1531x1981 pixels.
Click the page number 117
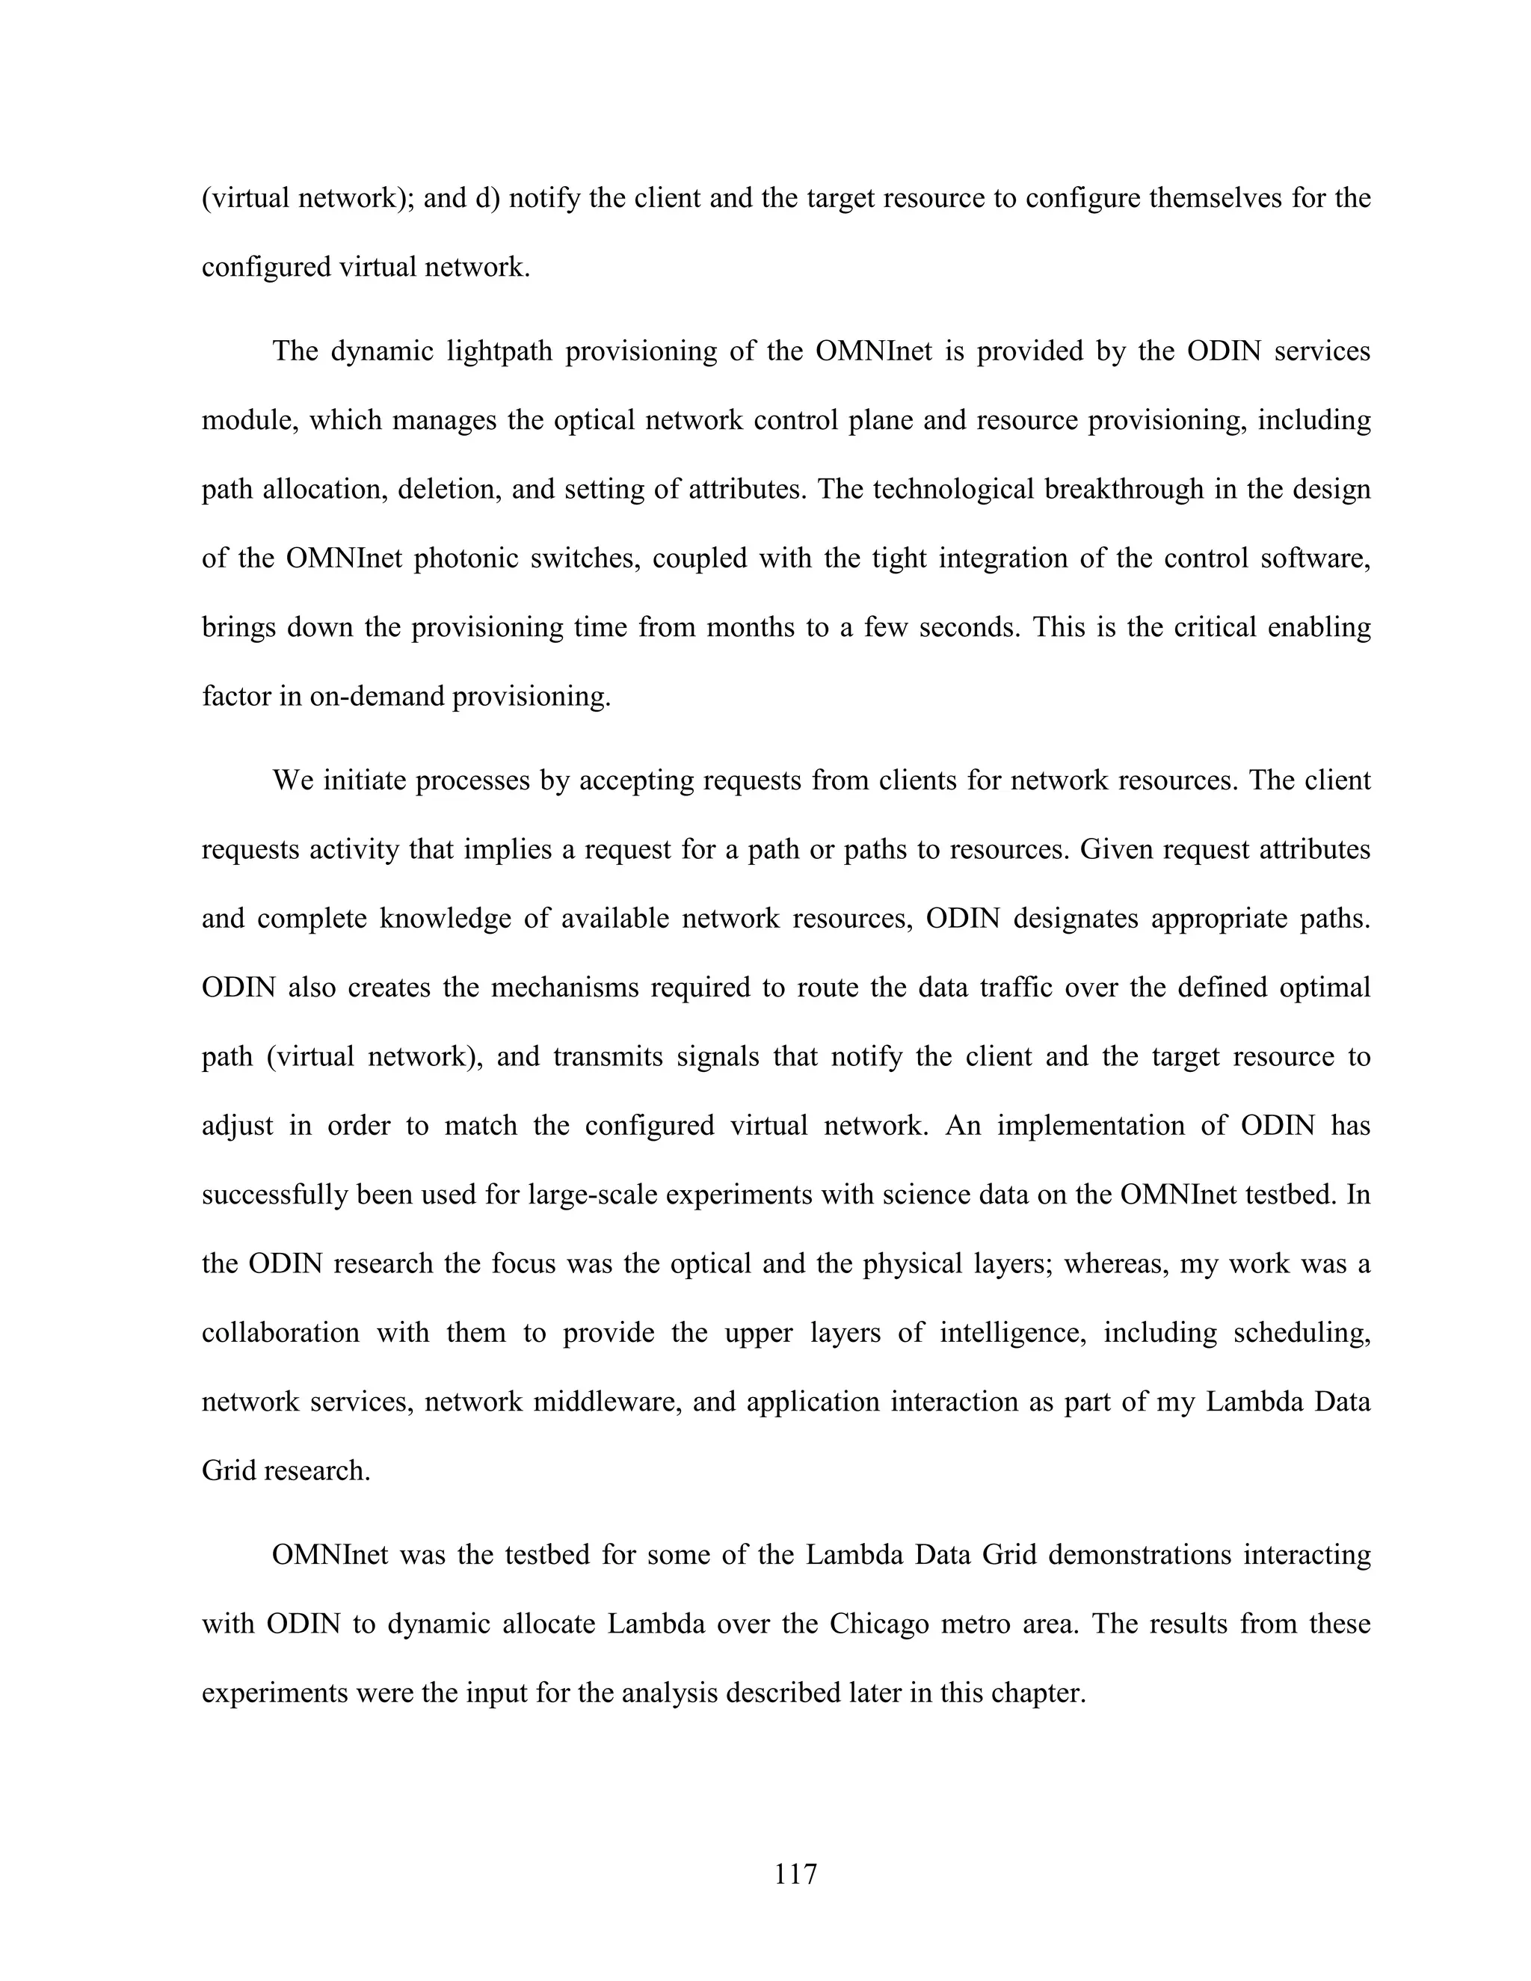795,1874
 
